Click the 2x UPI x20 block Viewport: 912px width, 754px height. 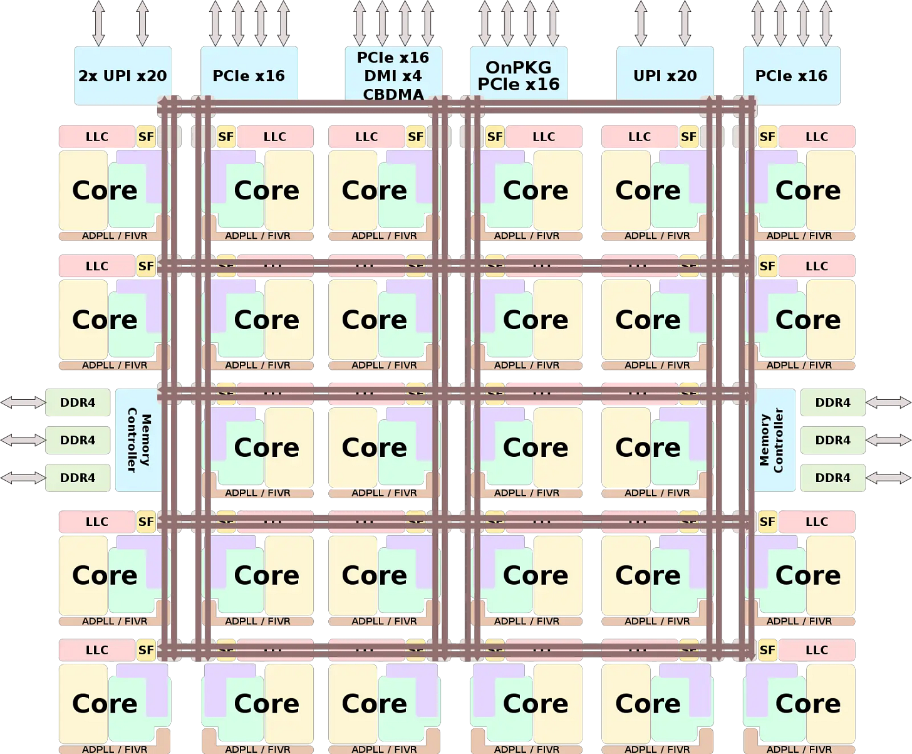tap(123, 75)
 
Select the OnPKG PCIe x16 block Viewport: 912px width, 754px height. tap(519, 75)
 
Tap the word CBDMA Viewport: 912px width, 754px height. tap(393, 94)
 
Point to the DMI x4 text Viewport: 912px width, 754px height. tap(393, 76)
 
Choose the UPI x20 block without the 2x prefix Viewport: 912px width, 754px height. tap(665, 75)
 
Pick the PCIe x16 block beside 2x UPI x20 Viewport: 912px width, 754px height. tap(249, 75)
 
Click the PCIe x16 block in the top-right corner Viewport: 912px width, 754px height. tap(791, 75)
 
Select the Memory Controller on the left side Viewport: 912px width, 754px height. tap(138, 439)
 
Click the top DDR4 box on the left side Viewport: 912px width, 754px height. tap(78, 402)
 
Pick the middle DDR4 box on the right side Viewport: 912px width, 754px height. tap(832, 440)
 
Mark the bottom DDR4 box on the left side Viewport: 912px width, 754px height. tap(78, 478)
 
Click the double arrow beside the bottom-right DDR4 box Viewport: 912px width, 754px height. tap(888, 478)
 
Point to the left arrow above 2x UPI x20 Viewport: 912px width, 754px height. tap(98, 23)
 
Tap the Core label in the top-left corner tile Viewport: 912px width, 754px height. tap(105, 190)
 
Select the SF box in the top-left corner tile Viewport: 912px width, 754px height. tap(146, 137)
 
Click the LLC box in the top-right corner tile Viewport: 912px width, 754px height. tap(816, 137)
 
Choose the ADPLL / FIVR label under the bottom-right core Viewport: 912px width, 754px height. tap(799, 749)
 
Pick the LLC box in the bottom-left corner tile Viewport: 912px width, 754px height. tap(97, 650)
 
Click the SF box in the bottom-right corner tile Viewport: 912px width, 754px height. tap(767, 650)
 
